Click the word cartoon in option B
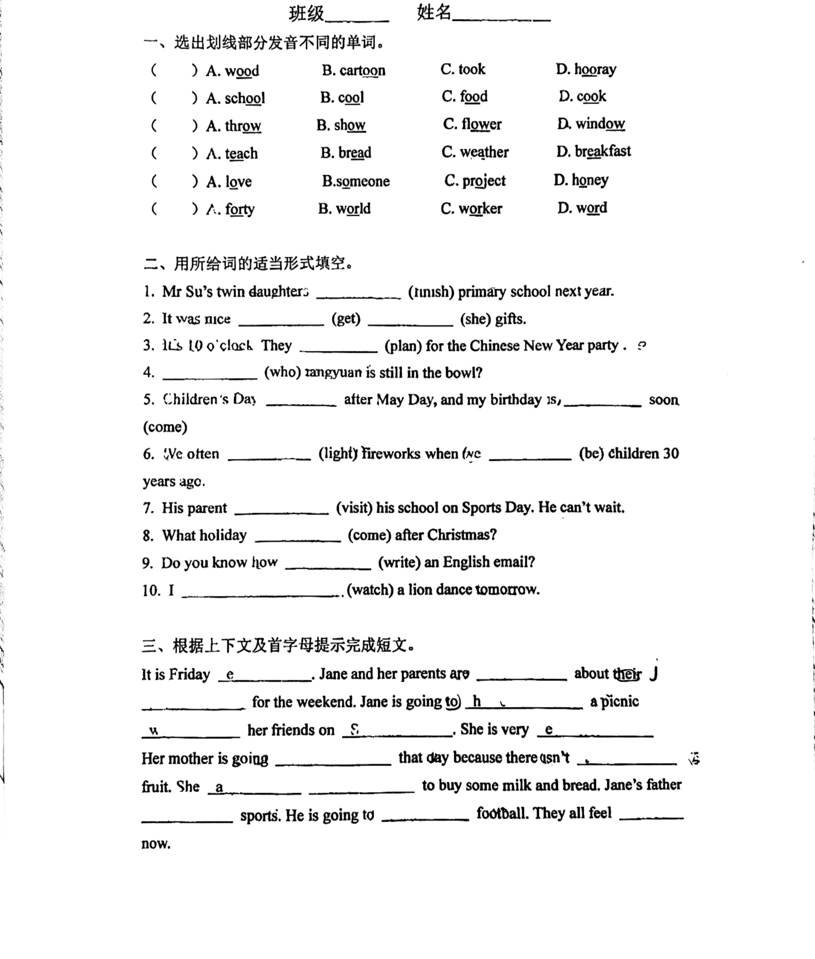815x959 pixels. coord(362,71)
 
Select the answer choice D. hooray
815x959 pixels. coord(586,69)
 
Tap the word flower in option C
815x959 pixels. coord(481,125)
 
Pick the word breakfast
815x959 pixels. coord(603,151)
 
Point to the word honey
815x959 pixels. coord(590,180)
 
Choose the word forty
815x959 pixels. coord(240,209)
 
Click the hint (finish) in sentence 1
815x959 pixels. coord(431,292)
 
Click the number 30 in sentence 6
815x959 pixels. coord(671,454)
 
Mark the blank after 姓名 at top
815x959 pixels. coord(501,16)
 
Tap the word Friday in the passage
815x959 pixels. coord(189,675)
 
